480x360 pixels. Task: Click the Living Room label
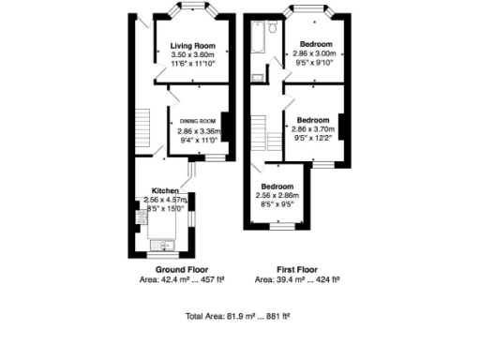tap(193, 46)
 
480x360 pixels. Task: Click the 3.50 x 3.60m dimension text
tap(193, 55)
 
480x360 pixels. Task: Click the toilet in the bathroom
tap(257, 77)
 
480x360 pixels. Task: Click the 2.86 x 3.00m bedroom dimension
tap(313, 55)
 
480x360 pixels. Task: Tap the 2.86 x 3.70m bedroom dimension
tap(313, 130)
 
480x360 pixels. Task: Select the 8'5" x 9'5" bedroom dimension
tap(277, 203)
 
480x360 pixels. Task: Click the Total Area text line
tap(239, 316)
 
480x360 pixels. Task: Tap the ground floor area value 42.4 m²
tap(167, 279)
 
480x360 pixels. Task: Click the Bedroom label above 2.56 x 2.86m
tap(277, 186)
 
